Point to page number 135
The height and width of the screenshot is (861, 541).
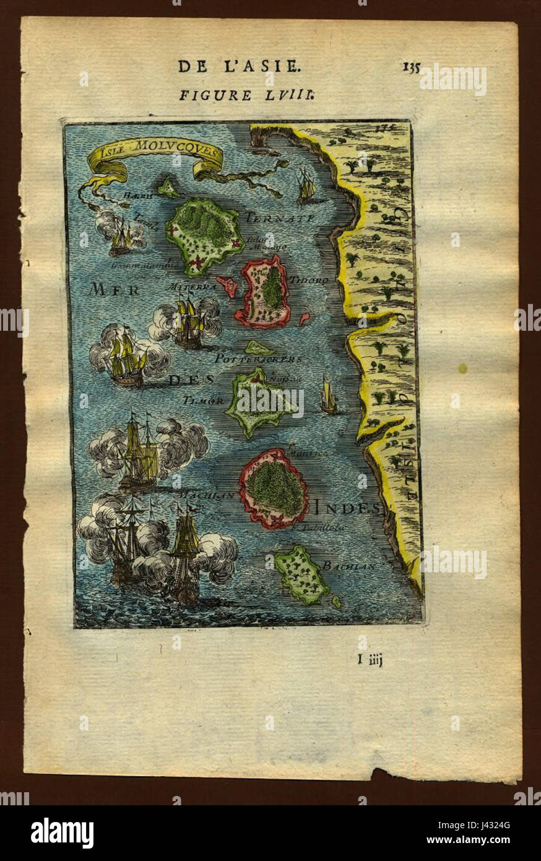[411, 67]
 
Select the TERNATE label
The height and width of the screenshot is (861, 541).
[280, 218]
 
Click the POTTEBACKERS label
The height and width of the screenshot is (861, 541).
[258, 359]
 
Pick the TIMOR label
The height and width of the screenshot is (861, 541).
[203, 400]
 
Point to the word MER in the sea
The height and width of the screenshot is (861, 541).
[114, 289]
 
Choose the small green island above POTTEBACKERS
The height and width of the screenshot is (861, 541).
[259, 347]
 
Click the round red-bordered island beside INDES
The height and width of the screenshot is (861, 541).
[274, 488]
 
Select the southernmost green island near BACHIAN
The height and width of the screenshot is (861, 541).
[303, 576]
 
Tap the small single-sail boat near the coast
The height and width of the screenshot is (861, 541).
[327, 396]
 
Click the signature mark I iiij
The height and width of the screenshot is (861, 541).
[370, 660]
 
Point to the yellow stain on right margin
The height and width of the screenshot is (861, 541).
[462, 369]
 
